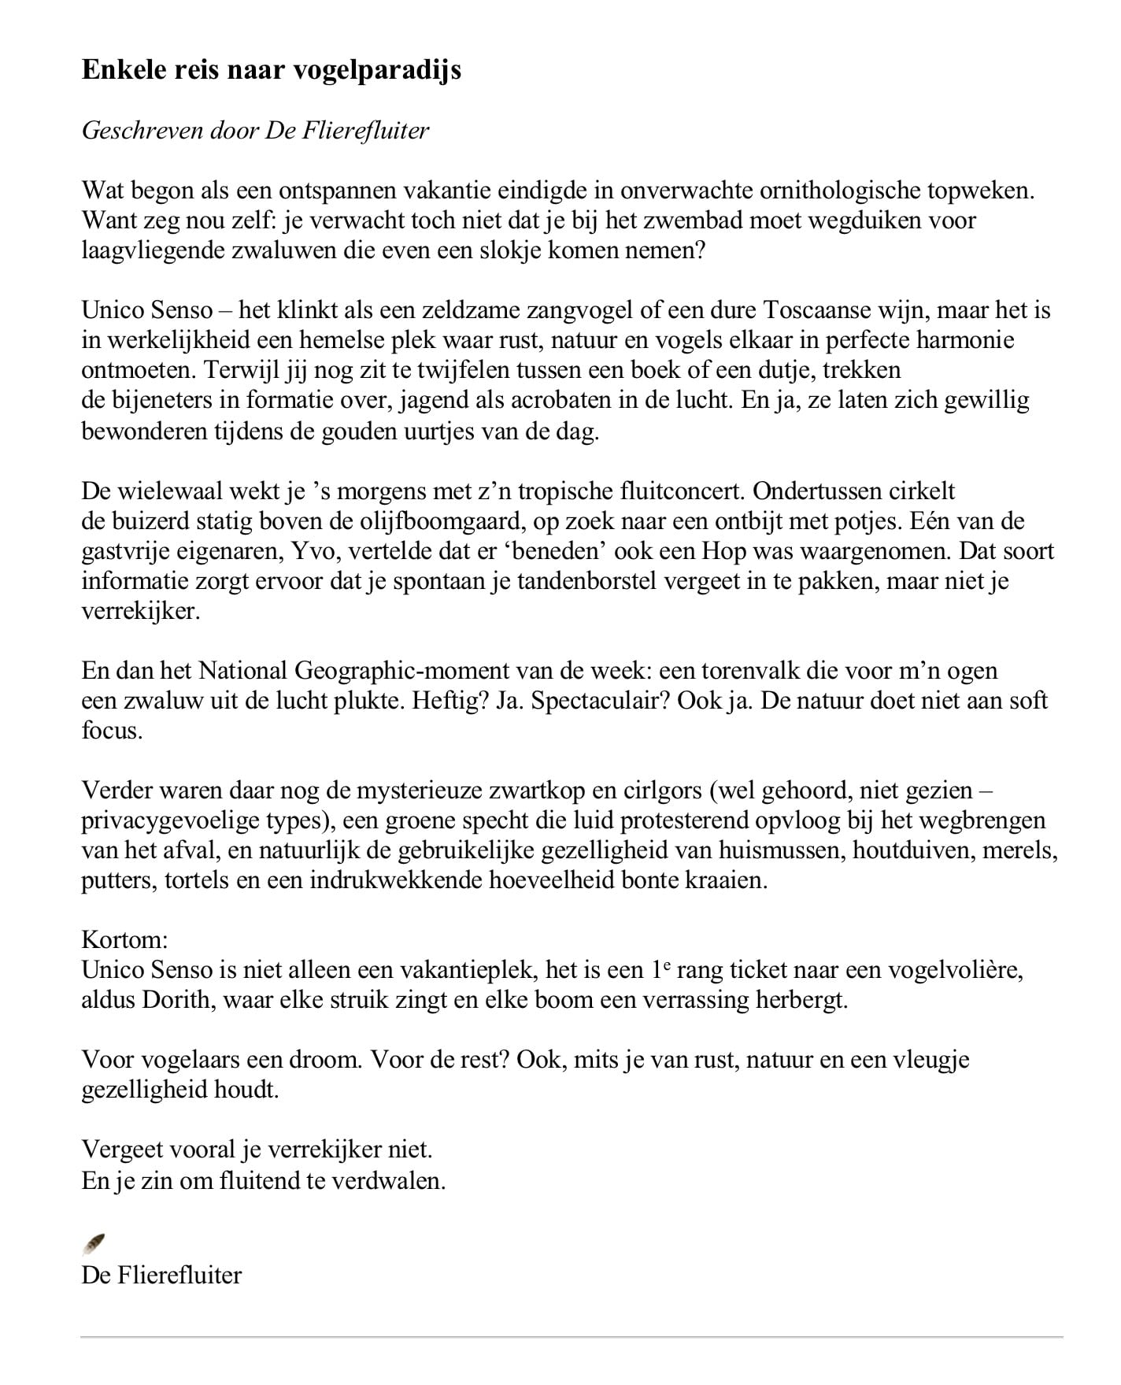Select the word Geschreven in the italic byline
[x=142, y=130]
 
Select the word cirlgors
[x=655, y=791]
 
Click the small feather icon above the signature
[x=94, y=1244]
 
